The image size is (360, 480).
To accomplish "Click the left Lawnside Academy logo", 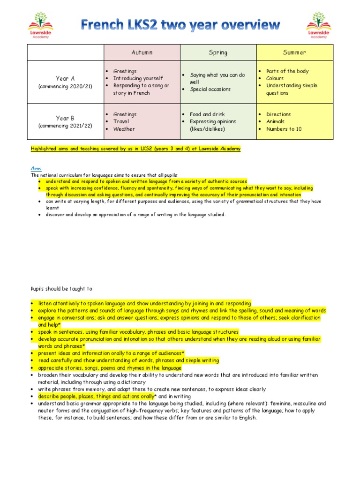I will click(x=41, y=25).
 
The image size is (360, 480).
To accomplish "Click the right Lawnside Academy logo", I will click(x=318, y=25).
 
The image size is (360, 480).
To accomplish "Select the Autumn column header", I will click(x=142, y=52).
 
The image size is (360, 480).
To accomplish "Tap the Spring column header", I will click(x=218, y=52).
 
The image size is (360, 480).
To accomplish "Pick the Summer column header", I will click(x=294, y=52).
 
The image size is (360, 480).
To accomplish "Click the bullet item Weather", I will click(x=124, y=129).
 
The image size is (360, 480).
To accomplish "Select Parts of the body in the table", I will click(x=287, y=71).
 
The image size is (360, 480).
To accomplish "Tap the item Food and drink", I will click(x=207, y=114).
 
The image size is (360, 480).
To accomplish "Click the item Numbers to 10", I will click(x=284, y=129).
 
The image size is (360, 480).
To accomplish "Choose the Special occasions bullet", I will click(x=210, y=89).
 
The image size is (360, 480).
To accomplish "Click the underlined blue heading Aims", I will click(x=36, y=168).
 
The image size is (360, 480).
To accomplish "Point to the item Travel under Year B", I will click(x=121, y=121).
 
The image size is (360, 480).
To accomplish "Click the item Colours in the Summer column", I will click(x=275, y=78).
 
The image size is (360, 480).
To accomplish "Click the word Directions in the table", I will click(x=278, y=114).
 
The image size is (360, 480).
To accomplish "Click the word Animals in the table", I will click(x=275, y=121).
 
